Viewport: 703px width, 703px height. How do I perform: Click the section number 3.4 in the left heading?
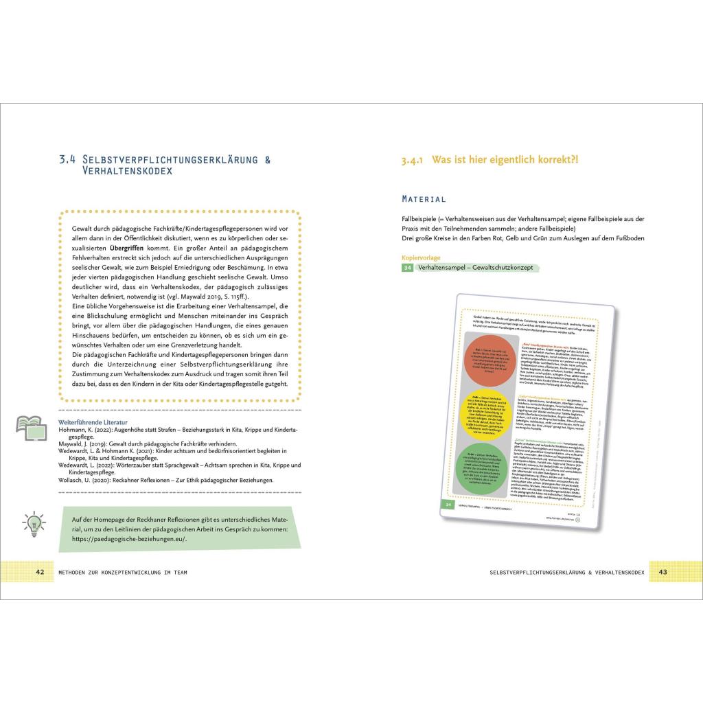point(67,159)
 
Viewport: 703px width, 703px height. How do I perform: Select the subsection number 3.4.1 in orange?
point(413,159)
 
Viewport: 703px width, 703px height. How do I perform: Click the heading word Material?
point(424,199)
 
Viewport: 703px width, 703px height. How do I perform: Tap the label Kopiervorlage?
point(421,257)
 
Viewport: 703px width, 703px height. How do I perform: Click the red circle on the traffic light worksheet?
point(492,361)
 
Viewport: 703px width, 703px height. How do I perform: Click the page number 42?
point(40,572)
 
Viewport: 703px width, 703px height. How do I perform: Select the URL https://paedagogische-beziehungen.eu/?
point(129,539)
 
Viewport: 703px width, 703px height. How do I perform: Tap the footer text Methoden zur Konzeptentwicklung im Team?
point(123,572)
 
